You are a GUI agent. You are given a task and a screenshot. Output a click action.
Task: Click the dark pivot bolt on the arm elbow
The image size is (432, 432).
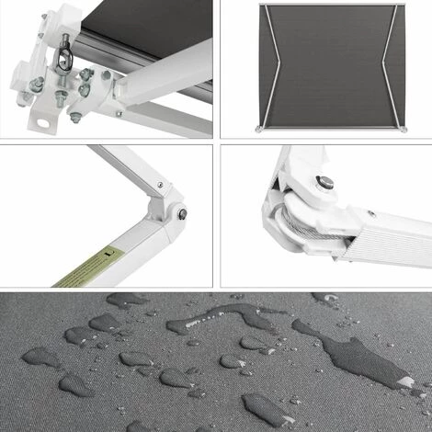[182, 215]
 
